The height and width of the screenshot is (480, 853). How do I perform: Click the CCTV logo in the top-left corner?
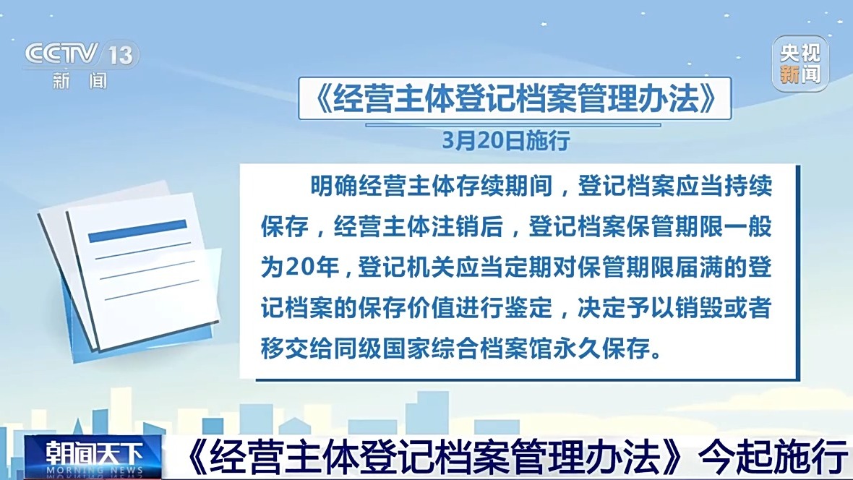pos(61,54)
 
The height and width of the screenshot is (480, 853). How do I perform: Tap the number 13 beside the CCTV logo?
pos(120,55)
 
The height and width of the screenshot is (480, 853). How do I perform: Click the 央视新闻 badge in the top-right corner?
pos(800,64)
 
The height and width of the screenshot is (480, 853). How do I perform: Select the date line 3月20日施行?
pos(505,140)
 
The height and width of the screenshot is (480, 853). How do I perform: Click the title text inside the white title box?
pos(515,98)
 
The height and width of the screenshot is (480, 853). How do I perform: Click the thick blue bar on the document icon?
pos(137,231)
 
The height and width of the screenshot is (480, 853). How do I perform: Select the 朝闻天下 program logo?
pos(93,453)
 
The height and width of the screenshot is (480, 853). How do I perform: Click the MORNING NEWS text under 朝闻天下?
pos(94,470)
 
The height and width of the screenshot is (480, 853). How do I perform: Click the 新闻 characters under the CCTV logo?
pos(80,81)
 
